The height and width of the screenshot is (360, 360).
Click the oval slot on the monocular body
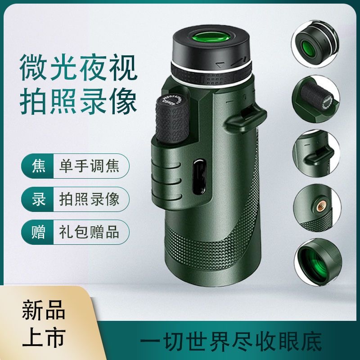pyautogui.click(x=199, y=176)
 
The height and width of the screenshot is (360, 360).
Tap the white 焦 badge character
pyautogui.click(x=38, y=166)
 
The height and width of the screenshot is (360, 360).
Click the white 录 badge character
pyautogui.click(x=38, y=199)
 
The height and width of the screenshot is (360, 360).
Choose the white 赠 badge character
pyautogui.click(x=38, y=232)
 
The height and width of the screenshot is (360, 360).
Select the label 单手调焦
pyautogui.click(x=89, y=166)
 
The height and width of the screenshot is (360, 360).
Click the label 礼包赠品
pyautogui.click(x=89, y=232)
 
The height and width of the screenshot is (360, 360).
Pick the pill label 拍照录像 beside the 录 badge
pyautogui.click(x=89, y=199)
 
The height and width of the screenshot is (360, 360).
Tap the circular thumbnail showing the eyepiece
pyautogui.click(x=315, y=44)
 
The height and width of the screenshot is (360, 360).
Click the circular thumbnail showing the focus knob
pyautogui.click(x=316, y=99)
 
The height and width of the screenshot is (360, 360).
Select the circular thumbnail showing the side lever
pyautogui.click(x=316, y=153)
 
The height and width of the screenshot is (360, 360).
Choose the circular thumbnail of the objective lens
pyautogui.click(x=318, y=262)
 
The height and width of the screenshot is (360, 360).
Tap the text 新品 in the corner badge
pyautogui.click(x=44, y=310)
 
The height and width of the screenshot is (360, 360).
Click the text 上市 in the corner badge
pyautogui.click(x=44, y=337)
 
